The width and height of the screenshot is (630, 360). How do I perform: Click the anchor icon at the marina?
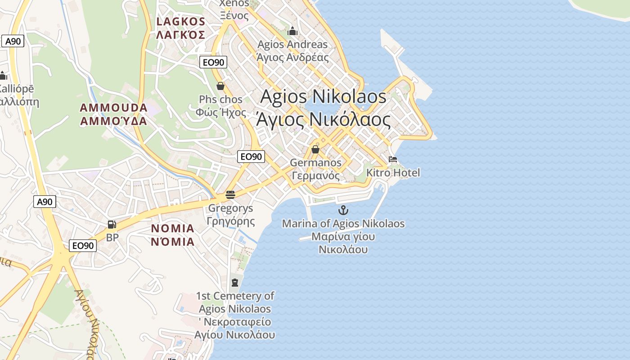coord(343,210)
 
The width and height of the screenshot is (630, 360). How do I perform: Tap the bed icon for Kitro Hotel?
coord(393,160)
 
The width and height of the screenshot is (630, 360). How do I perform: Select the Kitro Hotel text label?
coord(393,173)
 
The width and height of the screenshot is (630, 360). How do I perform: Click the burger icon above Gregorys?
coord(230,195)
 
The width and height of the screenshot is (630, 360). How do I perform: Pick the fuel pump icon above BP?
coord(112,224)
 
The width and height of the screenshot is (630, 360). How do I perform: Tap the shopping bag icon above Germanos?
coord(315,149)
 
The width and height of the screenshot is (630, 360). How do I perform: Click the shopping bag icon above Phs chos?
coord(220,86)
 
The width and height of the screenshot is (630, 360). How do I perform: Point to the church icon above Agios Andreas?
coord(292,31)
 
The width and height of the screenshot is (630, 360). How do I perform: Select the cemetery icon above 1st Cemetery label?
coord(234,283)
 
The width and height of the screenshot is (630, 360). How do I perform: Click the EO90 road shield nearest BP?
coord(83,246)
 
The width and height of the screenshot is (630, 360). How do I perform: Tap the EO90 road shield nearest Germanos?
coord(251,157)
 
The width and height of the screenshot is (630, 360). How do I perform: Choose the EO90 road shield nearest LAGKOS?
coord(213,63)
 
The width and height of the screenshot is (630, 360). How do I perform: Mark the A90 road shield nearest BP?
coord(45,202)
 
